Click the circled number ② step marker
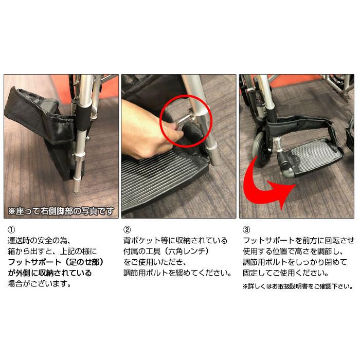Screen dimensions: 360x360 (127, 229)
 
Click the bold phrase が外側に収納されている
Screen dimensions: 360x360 (49, 273)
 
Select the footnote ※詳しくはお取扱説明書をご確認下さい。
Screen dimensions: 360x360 (298, 286)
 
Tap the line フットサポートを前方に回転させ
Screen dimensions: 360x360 (298, 240)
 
